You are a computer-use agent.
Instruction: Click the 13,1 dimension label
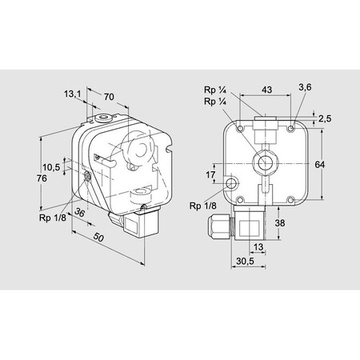[72, 94]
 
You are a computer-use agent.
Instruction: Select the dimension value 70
[109, 97]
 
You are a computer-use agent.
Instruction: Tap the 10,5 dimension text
[52, 167]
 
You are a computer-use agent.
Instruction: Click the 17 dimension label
[210, 174]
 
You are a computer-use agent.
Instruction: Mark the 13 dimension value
[258, 246]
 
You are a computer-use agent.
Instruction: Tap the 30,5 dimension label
[246, 262]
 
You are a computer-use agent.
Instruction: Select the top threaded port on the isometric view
[102, 119]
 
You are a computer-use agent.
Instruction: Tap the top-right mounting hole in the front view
[296, 126]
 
